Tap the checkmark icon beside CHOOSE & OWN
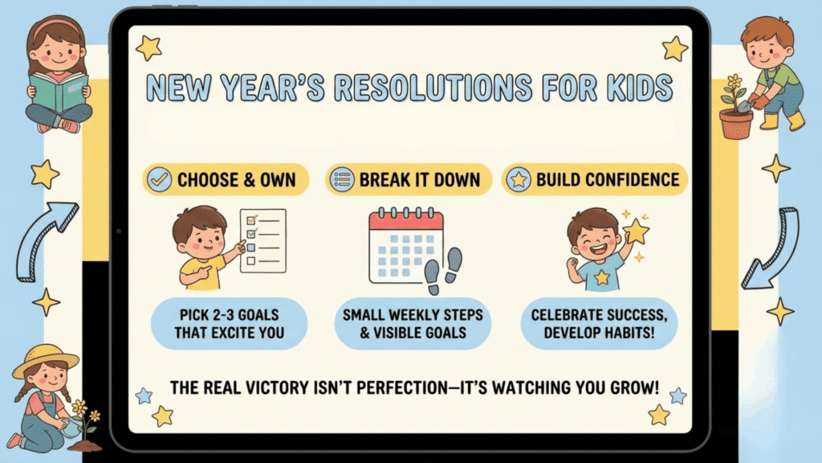coord(160,179)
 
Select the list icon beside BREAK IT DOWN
coord(341,179)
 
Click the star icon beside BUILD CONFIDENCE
coord(519,179)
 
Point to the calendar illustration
coord(406,246)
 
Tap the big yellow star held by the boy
coord(636,231)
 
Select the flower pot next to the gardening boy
coord(735,123)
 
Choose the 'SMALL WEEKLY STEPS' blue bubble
coord(413,322)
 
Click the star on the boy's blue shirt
coord(601,277)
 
